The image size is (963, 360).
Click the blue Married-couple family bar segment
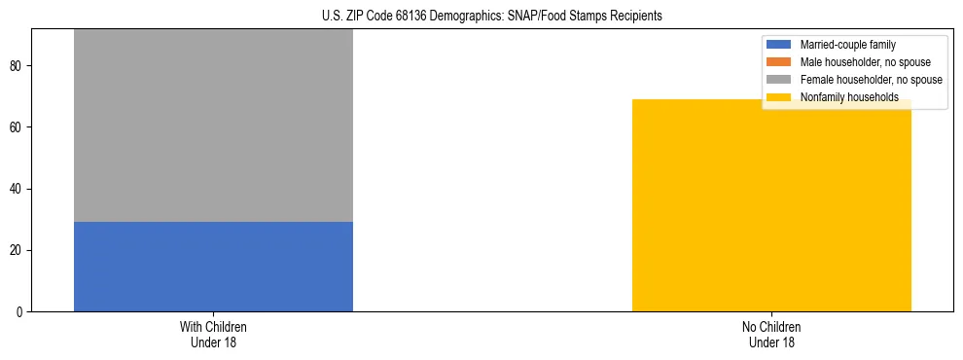[x=213, y=267]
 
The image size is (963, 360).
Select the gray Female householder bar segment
[x=213, y=126]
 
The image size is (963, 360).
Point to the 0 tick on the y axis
[x=20, y=312]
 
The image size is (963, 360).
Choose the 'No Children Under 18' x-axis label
[x=771, y=334]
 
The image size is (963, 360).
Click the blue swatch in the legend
[x=779, y=45]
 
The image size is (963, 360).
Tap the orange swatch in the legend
[x=779, y=62]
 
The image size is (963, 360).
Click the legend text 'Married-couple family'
[x=847, y=45]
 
